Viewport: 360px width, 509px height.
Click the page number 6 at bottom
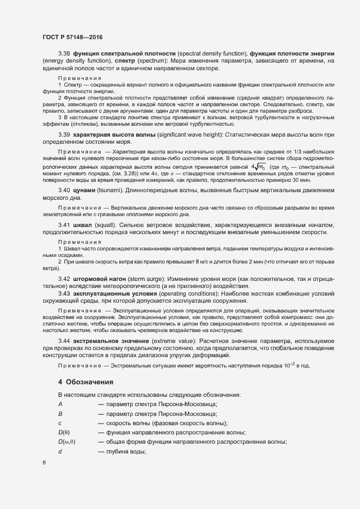point(44,462)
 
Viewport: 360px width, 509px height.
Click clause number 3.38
point(64,53)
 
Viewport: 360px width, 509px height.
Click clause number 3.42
point(64,279)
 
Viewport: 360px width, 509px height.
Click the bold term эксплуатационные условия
point(114,293)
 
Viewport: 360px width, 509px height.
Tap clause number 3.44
point(64,341)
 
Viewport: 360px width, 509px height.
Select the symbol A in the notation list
point(60,403)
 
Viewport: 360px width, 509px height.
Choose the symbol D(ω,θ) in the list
point(66,441)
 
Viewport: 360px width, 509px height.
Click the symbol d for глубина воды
point(60,451)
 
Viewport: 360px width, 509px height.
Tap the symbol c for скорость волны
point(60,423)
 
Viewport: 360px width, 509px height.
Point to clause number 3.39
point(64,134)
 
